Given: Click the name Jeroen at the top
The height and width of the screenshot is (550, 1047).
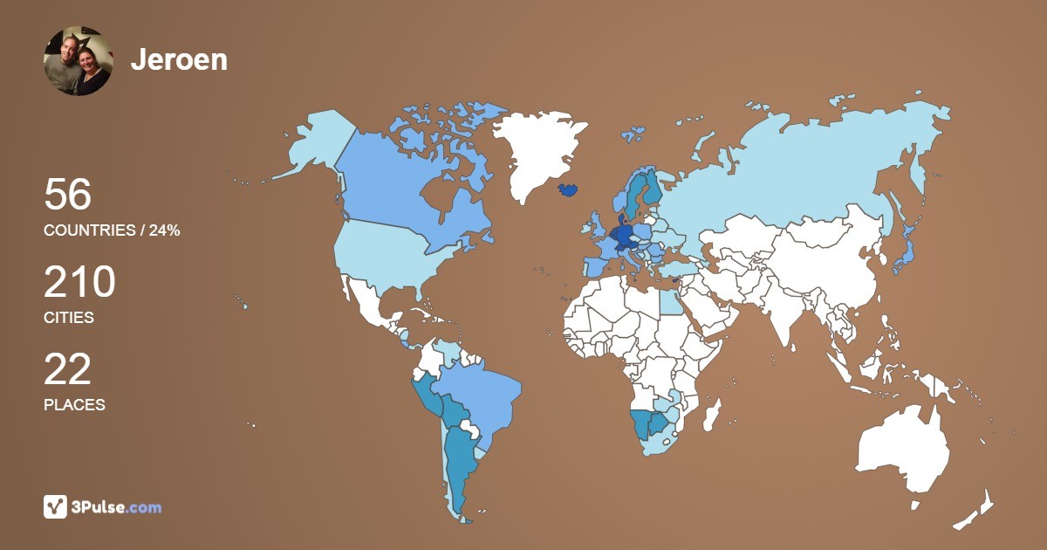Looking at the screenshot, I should (179, 59).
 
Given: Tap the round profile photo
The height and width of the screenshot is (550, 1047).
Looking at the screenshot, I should (79, 60).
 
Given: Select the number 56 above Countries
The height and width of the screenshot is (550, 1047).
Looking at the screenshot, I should (67, 195).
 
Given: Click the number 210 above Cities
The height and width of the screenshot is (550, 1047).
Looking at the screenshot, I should (79, 283).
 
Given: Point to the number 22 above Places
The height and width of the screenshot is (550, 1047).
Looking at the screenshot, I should (67, 370).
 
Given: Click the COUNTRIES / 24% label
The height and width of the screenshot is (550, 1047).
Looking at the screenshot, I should (112, 230).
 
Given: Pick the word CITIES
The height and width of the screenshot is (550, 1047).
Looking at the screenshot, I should (69, 318).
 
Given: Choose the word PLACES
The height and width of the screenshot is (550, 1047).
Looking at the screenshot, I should (74, 405).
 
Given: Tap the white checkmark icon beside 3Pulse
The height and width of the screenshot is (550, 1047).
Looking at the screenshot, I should (55, 506).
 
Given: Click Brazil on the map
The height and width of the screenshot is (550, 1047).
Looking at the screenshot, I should (480, 397).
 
